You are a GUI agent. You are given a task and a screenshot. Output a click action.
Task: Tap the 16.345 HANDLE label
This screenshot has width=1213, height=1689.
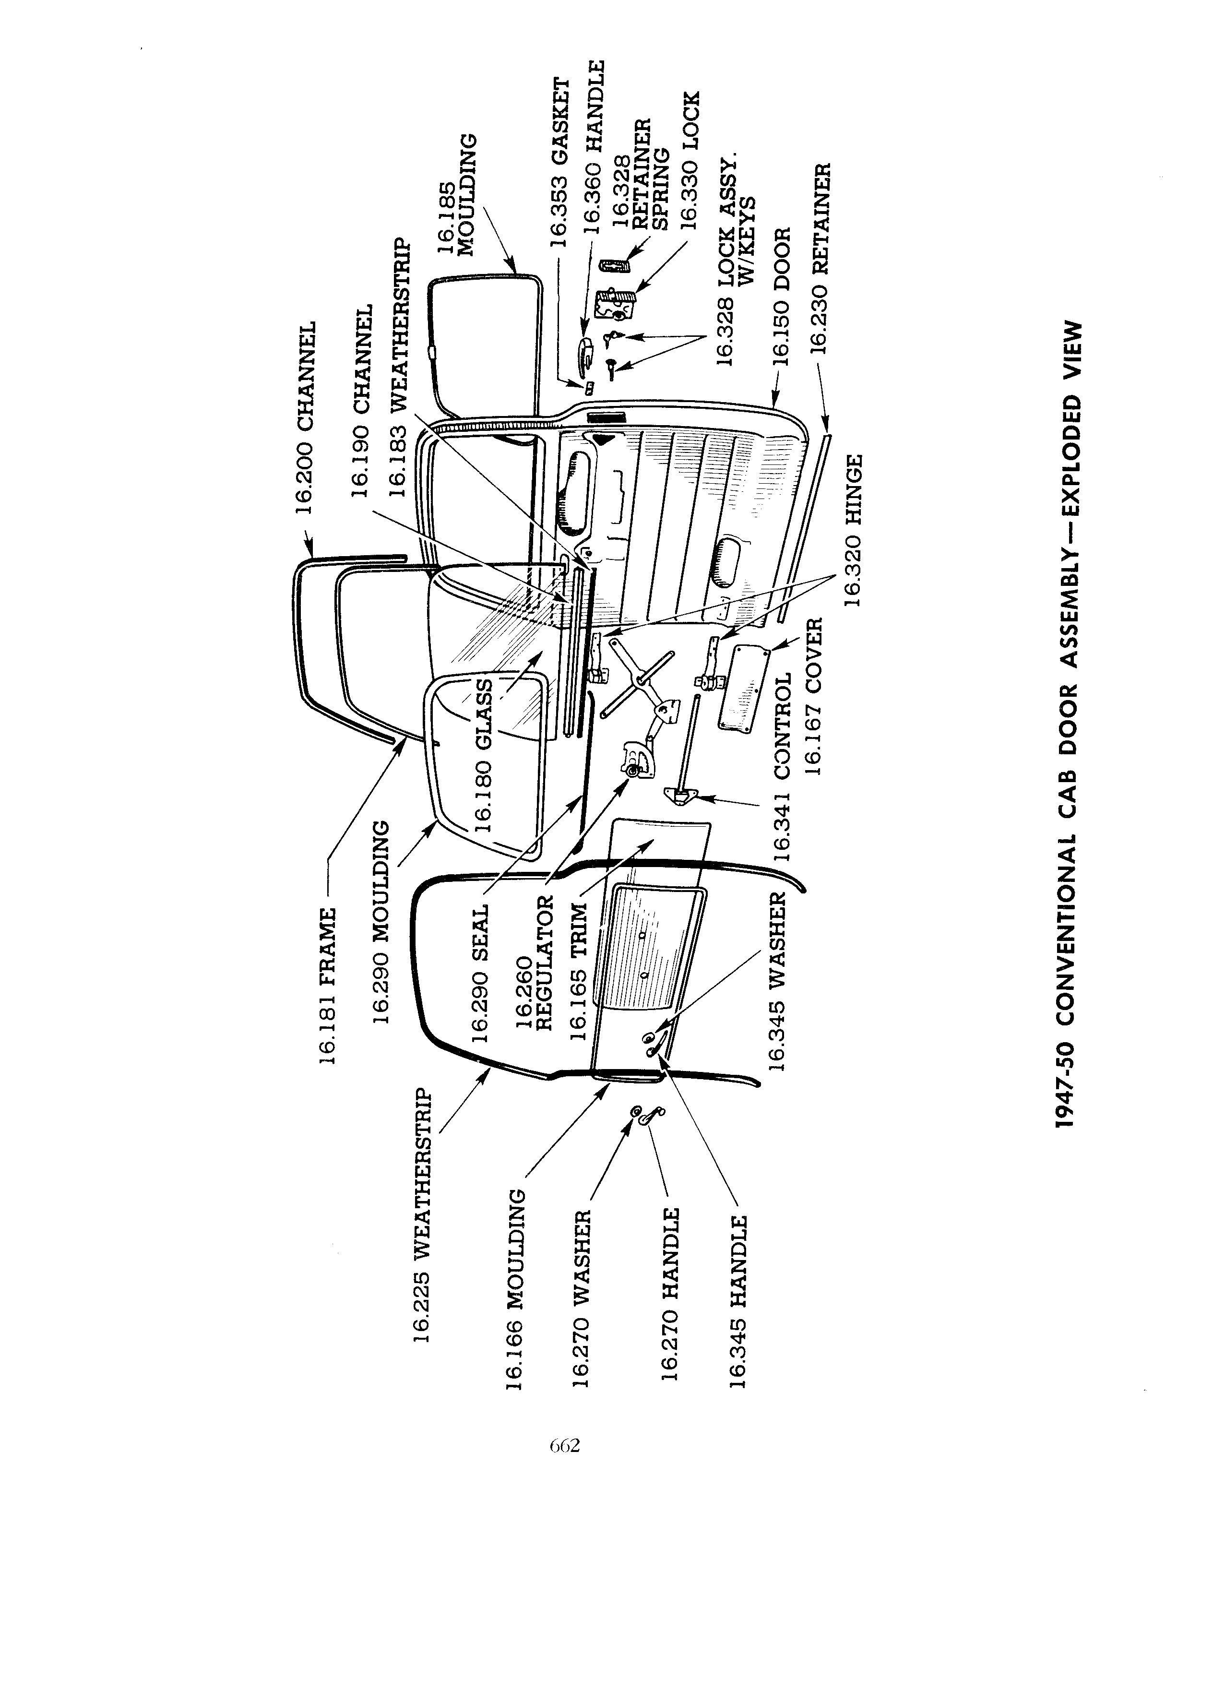coord(737,1302)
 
